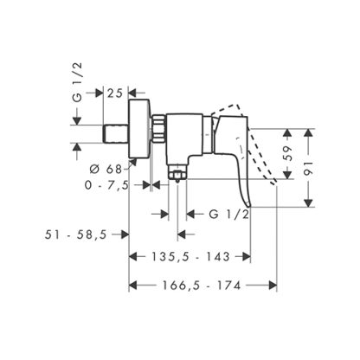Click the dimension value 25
coord(115,93)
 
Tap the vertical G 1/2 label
coord(78,82)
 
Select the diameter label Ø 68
coord(106,169)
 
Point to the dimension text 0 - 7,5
coord(106,185)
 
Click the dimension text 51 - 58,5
coord(76,235)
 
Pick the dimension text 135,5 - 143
coord(190,256)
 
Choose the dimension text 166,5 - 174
coord(202,286)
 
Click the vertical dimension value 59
coord(288,153)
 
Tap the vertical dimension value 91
coord(309,169)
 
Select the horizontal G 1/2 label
coord(228,214)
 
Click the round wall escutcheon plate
coord(139,129)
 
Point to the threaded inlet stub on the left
coord(116,134)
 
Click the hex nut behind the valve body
coord(158,128)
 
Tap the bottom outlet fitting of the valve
coord(177,172)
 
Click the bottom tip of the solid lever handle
coord(250,206)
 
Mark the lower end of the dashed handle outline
coord(273,183)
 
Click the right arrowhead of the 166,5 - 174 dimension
coord(273,286)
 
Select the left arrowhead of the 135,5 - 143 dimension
coord(132,256)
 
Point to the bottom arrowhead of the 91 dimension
coord(309,203)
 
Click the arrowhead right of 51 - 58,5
coord(125,235)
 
